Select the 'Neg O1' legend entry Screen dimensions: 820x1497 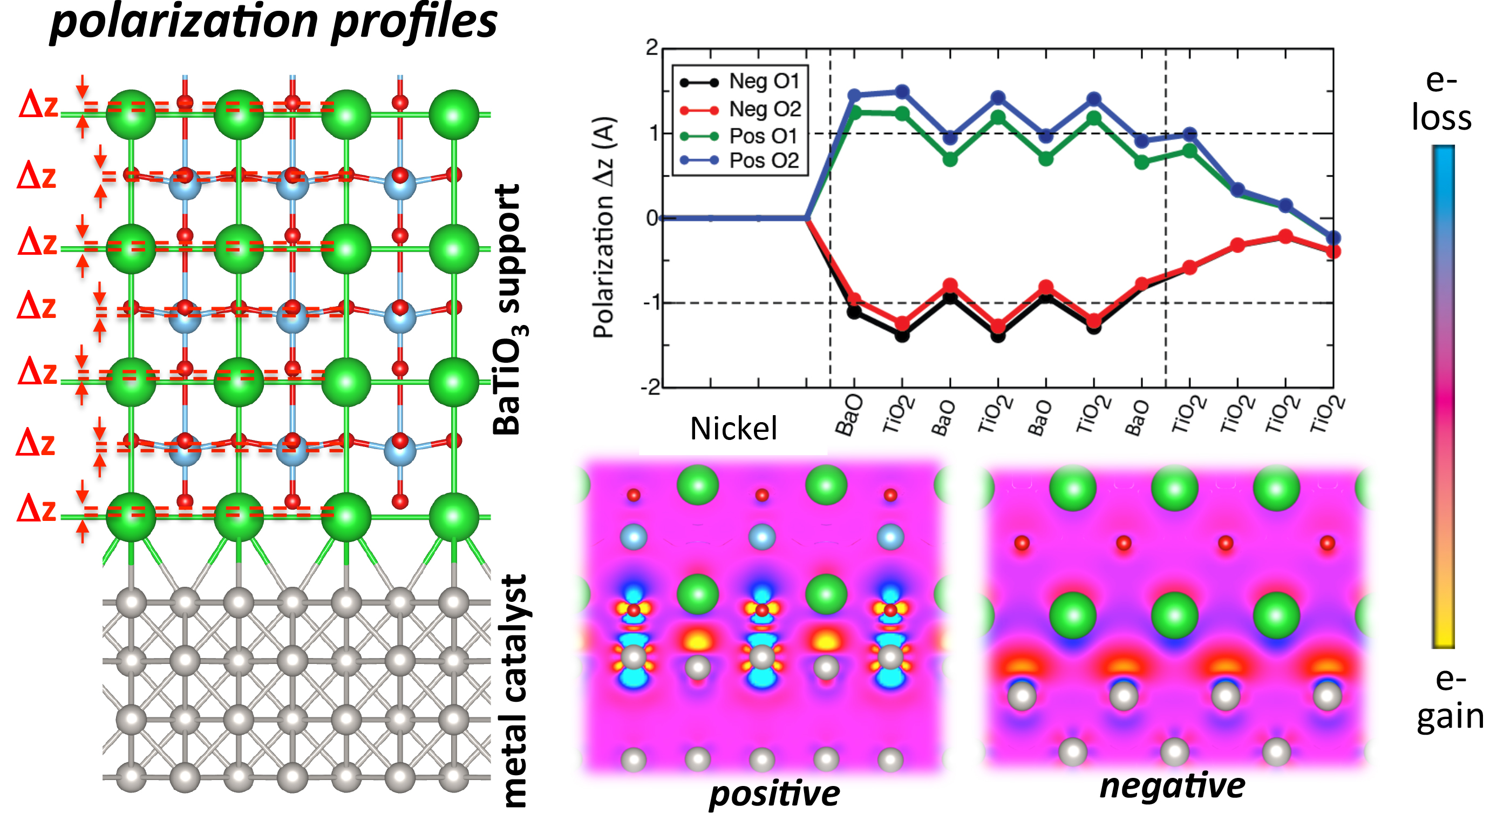coord(764,82)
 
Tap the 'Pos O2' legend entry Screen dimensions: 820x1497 coord(764,160)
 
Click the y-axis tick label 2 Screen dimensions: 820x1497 coord(652,48)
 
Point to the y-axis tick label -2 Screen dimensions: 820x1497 coord(651,388)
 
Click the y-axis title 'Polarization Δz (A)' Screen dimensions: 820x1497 coord(604,227)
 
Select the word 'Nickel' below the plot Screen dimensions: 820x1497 coord(733,429)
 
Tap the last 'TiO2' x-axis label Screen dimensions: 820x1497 coord(1328,415)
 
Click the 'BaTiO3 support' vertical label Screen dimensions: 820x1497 coord(508,311)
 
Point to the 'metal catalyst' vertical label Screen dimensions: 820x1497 coord(514,692)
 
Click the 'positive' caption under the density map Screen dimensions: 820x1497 coord(774,794)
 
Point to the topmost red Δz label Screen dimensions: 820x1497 coord(38,106)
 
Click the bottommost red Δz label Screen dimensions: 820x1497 coord(36,510)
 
